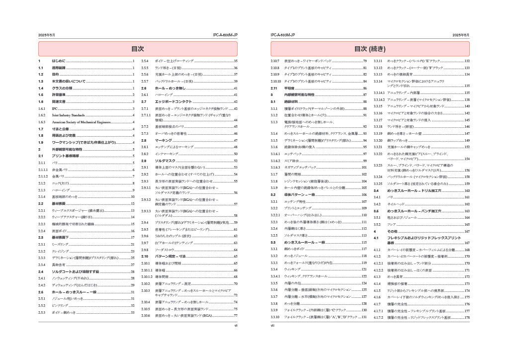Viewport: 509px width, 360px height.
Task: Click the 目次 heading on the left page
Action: tap(138, 49)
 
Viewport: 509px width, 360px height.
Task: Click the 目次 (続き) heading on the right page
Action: tap(370, 49)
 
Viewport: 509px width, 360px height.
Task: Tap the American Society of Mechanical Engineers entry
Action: tap(82, 122)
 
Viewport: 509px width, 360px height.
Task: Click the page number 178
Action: tap(467, 317)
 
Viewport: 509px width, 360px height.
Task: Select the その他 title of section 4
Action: tap(392, 231)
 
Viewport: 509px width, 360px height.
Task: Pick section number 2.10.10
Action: tap(276, 81)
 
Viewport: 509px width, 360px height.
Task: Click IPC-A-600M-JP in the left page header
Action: tap(225, 35)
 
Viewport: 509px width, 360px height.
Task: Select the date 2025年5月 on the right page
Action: tap(461, 35)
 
